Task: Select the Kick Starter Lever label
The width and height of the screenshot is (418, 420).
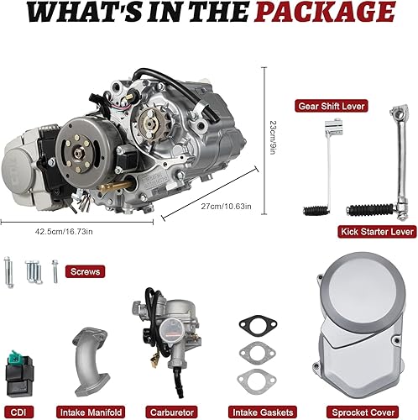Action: click(x=376, y=231)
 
